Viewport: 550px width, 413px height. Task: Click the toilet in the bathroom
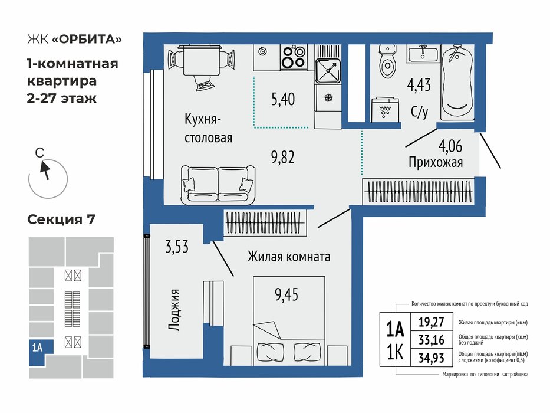tap(388, 61)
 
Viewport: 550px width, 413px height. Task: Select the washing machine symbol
tap(385, 109)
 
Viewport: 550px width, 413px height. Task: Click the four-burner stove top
tap(294, 57)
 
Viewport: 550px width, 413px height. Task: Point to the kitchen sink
tap(327, 71)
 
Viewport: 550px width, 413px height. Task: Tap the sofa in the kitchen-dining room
tap(218, 185)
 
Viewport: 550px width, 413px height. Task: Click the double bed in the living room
tap(289, 320)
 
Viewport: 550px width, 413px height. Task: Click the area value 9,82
tap(283, 158)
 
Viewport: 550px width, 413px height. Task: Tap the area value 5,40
tap(283, 99)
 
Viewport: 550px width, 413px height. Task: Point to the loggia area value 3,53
tap(177, 247)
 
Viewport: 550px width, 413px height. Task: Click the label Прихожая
tap(436, 163)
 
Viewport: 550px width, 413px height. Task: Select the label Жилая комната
tap(289, 257)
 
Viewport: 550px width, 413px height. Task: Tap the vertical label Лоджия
tap(174, 310)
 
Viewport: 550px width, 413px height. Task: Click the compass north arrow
tap(45, 170)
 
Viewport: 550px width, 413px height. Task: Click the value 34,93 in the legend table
tap(432, 358)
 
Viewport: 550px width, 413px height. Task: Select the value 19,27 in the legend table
tap(432, 322)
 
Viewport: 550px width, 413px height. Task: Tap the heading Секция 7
tap(61, 219)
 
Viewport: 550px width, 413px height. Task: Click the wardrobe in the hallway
tap(419, 191)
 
